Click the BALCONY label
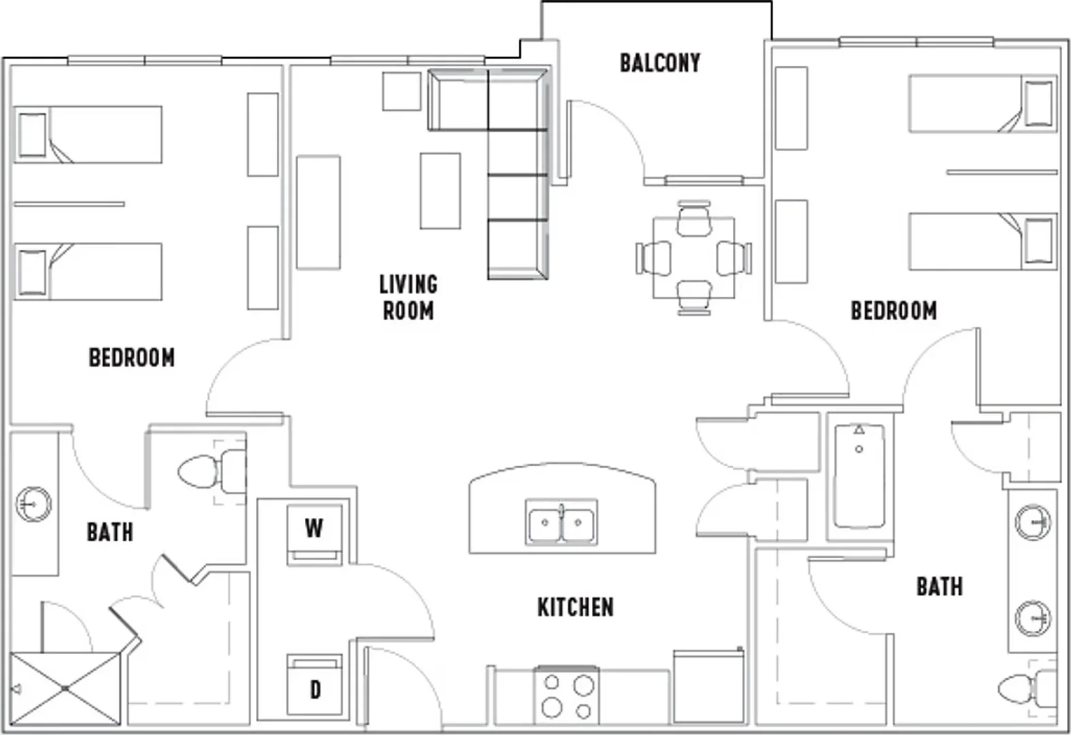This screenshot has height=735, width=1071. pyautogui.click(x=660, y=63)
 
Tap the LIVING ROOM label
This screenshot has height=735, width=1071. pyautogui.click(x=409, y=297)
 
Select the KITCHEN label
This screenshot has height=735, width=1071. pyautogui.click(x=576, y=607)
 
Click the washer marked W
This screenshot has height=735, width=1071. pyautogui.click(x=314, y=535)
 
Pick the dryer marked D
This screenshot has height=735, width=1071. pyautogui.click(x=314, y=685)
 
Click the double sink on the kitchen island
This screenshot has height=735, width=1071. pyautogui.click(x=561, y=522)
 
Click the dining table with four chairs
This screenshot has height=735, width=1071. pyautogui.click(x=694, y=258)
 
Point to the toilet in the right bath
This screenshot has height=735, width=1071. pyautogui.click(x=1028, y=689)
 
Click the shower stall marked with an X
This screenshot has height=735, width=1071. pyautogui.click(x=65, y=689)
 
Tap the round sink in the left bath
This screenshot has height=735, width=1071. pyautogui.click(x=33, y=504)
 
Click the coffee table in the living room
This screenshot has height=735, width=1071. pyautogui.click(x=440, y=191)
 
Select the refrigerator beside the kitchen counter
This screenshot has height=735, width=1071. pyautogui.click(x=708, y=686)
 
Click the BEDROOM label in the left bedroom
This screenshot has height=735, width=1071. pyautogui.click(x=132, y=358)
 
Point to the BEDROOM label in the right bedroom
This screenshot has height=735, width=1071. pyautogui.click(x=893, y=311)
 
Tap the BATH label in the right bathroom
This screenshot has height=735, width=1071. pyautogui.click(x=940, y=587)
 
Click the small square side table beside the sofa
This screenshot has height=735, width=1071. pyautogui.click(x=401, y=91)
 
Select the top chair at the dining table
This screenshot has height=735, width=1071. pyautogui.click(x=694, y=218)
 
